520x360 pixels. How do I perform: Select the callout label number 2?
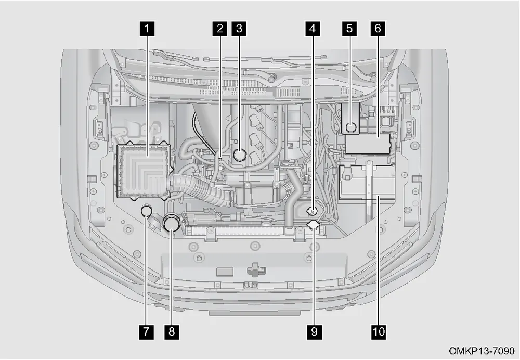tap(220, 29)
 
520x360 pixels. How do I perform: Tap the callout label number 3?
tap(239, 29)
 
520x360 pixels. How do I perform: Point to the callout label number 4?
tap(313, 29)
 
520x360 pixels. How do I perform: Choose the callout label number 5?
tap(349, 29)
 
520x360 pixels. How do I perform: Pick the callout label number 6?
tap(378, 29)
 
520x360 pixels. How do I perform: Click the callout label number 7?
tap(146, 331)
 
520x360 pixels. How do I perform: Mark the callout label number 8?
tap(172, 331)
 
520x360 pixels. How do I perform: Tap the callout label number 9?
tap(314, 331)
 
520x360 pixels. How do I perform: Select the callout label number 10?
tap(379, 331)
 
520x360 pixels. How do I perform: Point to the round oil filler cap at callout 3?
tap(239, 155)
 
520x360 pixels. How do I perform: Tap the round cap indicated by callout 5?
tap(350, 127)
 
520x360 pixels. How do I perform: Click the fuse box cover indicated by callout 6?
tap(368, 144)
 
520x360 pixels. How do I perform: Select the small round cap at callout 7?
tap(146, 211)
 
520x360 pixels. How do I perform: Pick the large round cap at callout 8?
tap(172, 222)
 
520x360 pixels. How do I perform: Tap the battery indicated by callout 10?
tap(367, 182)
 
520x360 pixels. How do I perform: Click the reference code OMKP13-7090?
tap(481, 351)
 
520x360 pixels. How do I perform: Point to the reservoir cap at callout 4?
tap(311, 210)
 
